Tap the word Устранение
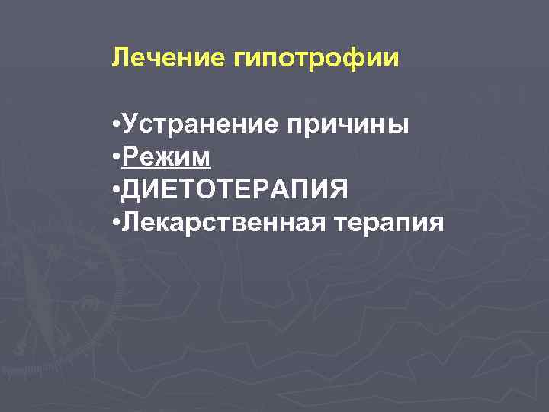click(x=199, y=124)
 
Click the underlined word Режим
click(x=166, y=158)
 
